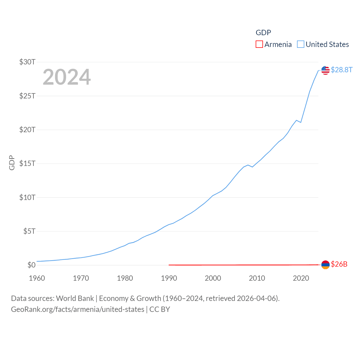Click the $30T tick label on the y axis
[x=27, y=62]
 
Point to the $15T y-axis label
[x=27, y=163]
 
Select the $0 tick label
[x=31, y=265]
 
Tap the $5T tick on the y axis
[x=29, y=231]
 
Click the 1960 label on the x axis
[x=37, y=278]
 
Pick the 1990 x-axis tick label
[x=169, y=278]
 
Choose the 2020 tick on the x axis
[x=301, y=278]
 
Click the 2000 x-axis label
[x=213, y=278]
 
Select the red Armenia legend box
[x=259, y=44]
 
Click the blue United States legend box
[x=300, y=44]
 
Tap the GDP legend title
[x=263, y=33]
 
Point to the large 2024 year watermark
[x=67, y=77]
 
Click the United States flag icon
[x=325, y=70]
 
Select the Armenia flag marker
[x=325, y=265]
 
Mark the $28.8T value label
[x=341, y=70]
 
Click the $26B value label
[x=339, y=264]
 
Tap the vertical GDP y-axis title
[x=12, y=163]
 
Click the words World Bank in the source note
[x=75, y=298]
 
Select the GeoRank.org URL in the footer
[x=78, y=309]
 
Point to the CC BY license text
[x=159, y=309]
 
